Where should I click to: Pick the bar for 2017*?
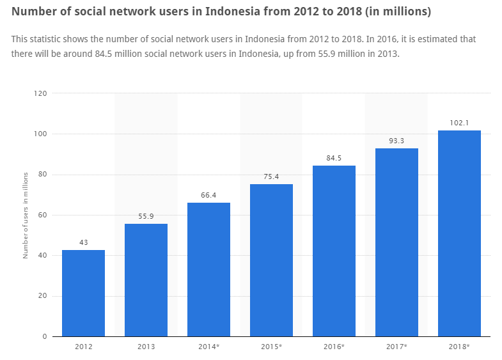[396, 242]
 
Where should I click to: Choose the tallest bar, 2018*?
[459, 233]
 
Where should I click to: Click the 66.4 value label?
[208, 195]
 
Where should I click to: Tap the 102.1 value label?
[459, 123]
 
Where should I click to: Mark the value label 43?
[83, 242]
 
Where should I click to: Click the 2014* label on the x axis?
[208, 347]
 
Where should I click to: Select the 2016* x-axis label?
[334, 347]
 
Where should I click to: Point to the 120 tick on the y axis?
[41, 93]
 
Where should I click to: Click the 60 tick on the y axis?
[43, 215]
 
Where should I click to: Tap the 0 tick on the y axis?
[45, 336]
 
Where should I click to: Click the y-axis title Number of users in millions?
[26, 215]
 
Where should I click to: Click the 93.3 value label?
[396, 141]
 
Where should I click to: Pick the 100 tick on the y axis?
[41, 134]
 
